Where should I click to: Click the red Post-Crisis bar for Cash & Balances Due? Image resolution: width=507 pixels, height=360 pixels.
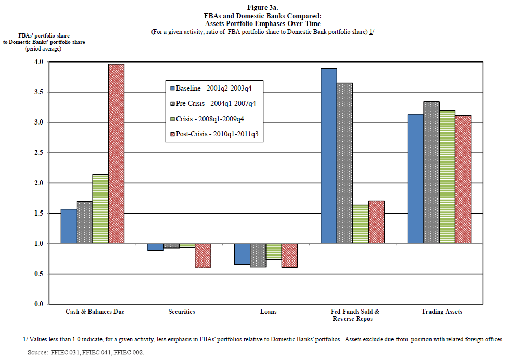[x=116, y=154]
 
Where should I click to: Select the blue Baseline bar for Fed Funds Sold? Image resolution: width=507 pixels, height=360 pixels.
[x=328, y=156]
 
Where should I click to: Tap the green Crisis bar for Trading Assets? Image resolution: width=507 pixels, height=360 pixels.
[x=447, y=177]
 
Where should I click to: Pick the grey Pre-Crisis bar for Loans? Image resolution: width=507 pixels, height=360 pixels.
[x=258, y=255]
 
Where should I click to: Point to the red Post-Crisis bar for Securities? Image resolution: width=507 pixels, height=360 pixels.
[x=203, y=256]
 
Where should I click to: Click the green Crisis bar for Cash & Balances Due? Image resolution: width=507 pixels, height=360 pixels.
[x=100, y=208]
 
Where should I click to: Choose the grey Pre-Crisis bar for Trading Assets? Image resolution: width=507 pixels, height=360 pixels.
[x=432, y=172]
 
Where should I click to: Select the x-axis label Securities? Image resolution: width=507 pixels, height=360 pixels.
[x=182, y=312]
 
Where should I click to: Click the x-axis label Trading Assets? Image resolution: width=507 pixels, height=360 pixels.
[x=441, y=312]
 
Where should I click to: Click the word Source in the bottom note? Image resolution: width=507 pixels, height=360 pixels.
[x=37, y=352]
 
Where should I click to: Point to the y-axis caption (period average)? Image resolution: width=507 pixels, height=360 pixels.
[x=43, y=48]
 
